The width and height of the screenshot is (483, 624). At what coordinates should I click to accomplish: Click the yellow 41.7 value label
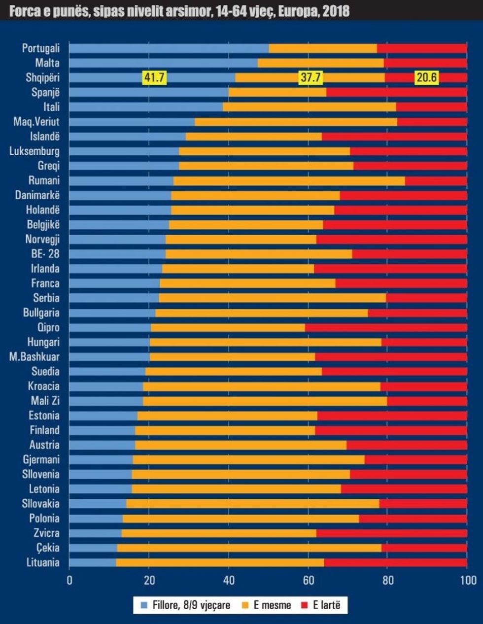coord(154,77)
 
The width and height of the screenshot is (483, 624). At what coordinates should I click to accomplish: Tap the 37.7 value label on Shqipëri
coord(310,77)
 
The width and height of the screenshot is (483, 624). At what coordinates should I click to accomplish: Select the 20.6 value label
coord(426,77)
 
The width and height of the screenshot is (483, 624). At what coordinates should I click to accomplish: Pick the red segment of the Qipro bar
coord(386,328)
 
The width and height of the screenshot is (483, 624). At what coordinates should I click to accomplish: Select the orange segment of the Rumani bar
coord(289,181)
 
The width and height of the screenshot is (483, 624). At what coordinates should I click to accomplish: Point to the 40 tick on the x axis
coord(229,580)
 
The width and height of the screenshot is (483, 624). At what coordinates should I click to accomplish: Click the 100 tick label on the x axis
coord(468,580)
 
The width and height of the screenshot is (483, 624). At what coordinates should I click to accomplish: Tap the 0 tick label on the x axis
coord(69,580)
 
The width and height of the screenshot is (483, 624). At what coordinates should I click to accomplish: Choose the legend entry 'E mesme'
coord(272,605)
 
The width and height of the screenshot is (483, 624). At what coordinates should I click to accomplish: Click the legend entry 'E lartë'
coord(326,605)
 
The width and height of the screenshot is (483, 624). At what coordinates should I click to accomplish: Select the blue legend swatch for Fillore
coord(144,605)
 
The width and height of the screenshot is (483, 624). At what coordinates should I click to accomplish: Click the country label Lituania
coord(43,562)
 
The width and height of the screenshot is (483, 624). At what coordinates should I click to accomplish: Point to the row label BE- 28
coord(45,254)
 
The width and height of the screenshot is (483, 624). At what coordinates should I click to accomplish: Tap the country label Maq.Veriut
coord(36,122)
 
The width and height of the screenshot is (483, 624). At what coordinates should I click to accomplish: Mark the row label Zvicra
coord(46,533)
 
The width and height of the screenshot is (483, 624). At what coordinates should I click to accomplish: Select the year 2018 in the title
coord(336,11)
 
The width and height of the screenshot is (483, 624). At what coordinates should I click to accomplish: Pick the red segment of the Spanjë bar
coord(397,92)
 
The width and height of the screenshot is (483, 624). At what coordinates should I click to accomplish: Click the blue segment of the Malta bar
coord(163,63)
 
